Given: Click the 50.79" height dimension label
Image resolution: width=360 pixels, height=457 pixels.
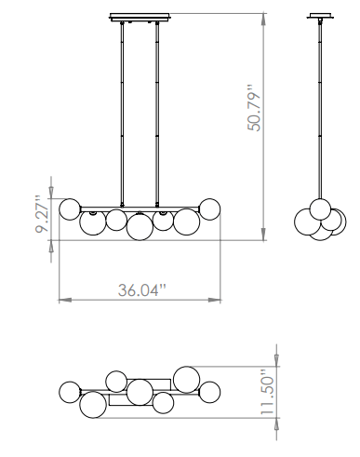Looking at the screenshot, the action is [x=254, y=108].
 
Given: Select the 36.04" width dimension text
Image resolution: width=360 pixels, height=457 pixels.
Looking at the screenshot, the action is [x=142, y=290].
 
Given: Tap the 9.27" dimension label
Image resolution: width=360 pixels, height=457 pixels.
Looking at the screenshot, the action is [x=42, y=214].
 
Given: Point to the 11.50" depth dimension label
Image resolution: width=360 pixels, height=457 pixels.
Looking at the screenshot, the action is [x=267, y=392].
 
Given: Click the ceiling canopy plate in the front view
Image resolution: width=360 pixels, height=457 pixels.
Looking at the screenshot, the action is [x=140, y=17].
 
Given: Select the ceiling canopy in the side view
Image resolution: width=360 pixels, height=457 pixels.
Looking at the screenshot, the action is [x=320, y=16].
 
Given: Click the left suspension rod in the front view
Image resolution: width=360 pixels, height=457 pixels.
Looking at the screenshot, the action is [x=122, y=114].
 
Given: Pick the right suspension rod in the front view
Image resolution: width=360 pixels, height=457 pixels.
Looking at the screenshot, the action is [x=157, y=114].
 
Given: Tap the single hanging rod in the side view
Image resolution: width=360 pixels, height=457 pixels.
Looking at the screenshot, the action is [x=320, y=109].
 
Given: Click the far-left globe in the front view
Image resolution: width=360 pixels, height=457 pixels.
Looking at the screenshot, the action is [x=70, y=209].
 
